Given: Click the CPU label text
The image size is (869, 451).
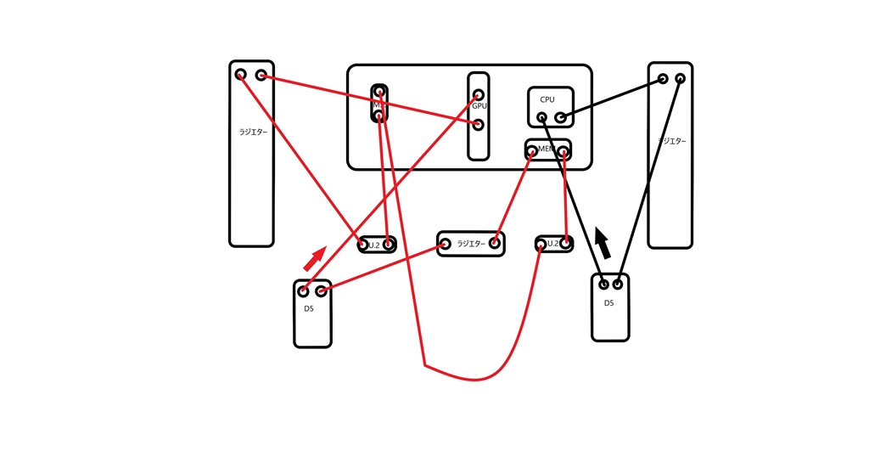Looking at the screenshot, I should click(547, 99).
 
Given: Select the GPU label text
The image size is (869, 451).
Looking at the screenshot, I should click(479, 107).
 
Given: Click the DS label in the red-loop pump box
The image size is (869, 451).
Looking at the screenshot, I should click(309, 308).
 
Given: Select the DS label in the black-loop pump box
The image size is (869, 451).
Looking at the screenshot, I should click(608, 303).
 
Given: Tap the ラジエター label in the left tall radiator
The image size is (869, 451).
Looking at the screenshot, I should click(251, 132).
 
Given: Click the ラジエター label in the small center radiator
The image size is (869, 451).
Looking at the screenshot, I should click(470, 244).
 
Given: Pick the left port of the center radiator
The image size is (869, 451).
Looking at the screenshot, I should click(445, 244).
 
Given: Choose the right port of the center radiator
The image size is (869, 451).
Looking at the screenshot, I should click(494, 244).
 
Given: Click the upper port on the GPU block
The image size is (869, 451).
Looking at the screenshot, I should click(479, 95).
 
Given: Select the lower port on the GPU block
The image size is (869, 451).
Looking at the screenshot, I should click(479, 125).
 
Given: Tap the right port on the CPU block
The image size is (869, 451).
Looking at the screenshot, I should click(560, 117).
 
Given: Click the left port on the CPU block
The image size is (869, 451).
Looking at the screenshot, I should click(541, 116).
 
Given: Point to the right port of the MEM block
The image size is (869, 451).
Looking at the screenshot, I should click(563, 153).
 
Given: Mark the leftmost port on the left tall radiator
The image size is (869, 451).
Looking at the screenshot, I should click(241, 75).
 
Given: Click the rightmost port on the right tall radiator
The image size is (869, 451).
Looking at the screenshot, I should click(680, 79).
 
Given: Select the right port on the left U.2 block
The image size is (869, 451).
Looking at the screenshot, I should click(388, 245).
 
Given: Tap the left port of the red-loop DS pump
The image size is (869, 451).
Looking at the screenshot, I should click(303, 291).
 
